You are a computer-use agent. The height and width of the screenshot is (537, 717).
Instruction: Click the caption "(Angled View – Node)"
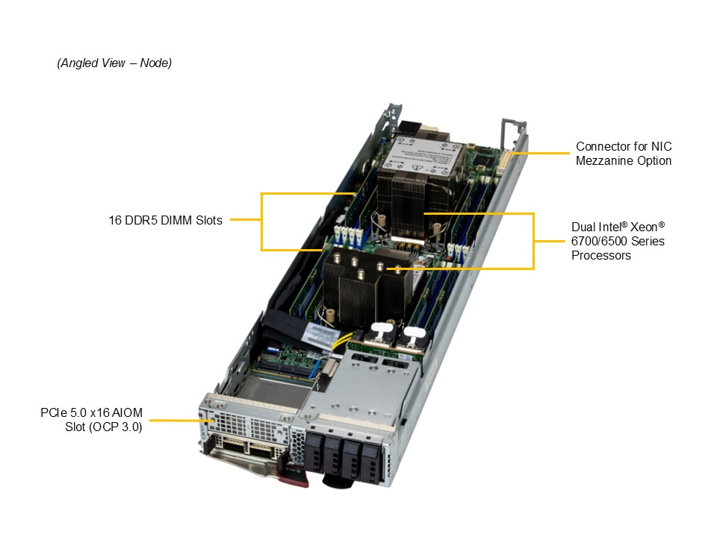point(114,63)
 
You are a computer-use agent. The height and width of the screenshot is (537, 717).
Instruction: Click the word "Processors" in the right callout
point(601,255)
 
